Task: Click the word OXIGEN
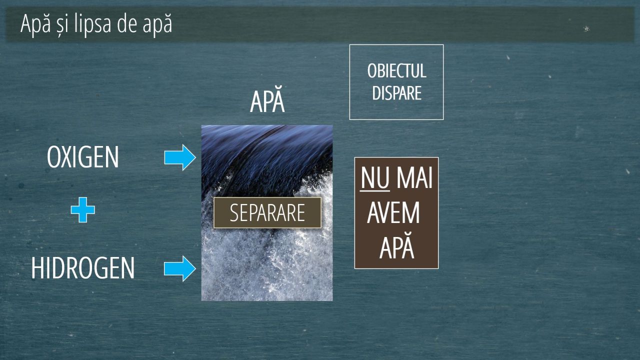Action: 83,157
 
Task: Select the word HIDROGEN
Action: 83,267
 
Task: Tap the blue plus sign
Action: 83,209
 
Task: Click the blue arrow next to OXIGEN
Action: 180,157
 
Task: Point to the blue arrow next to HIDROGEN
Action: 180,268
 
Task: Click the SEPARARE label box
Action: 267,212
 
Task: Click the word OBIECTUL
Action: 397,71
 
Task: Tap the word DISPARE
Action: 397,93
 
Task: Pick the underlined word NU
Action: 375,177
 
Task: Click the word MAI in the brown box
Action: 414,177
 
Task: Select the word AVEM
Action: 393,212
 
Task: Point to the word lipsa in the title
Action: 92,24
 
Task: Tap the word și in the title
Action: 62,25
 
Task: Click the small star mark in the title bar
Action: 586,28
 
